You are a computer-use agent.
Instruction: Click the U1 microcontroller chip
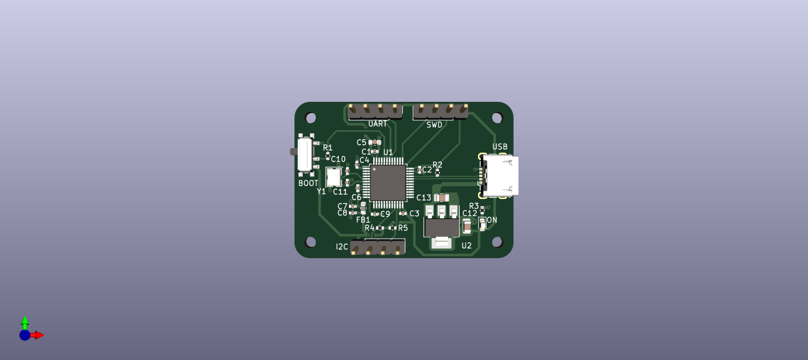point(388,182)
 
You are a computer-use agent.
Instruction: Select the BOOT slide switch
point(305,155)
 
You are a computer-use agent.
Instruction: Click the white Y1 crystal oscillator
point(334,177)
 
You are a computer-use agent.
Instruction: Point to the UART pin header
point(375,111)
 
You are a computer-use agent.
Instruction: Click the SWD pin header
point(440,111)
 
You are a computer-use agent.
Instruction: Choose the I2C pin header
point(377,247)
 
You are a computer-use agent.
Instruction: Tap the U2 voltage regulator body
point(442,227)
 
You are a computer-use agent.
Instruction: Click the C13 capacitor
point(441,198)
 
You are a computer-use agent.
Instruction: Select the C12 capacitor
point(467,226)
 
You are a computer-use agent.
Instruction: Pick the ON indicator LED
point(482,223)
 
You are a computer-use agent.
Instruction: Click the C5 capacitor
point(374,142)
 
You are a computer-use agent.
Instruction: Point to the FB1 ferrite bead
point(363,208)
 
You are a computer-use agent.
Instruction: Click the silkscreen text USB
point(499,147)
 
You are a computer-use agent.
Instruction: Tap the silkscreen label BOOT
point(308,184)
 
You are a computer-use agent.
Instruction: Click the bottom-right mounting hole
point(497,242)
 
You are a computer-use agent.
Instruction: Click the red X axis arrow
point(39,335)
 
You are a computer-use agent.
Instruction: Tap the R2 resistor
point(437,172)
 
